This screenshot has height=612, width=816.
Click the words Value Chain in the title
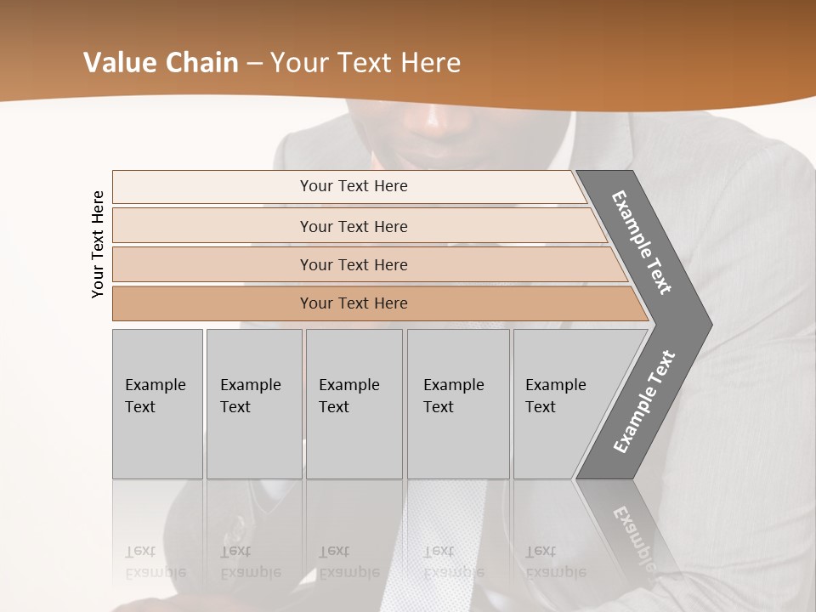[161, 63]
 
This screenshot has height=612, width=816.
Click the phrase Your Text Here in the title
[365, 63]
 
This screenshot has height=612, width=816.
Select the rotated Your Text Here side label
[98, 245]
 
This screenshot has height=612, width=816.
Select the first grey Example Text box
[157, 403]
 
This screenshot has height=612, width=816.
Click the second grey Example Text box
[253, 403]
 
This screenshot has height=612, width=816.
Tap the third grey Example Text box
[354, 403]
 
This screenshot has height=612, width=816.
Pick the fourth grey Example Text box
[457, 403]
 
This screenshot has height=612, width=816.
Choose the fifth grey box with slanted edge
[561, 403]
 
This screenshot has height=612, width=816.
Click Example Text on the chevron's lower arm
[643, 402]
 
